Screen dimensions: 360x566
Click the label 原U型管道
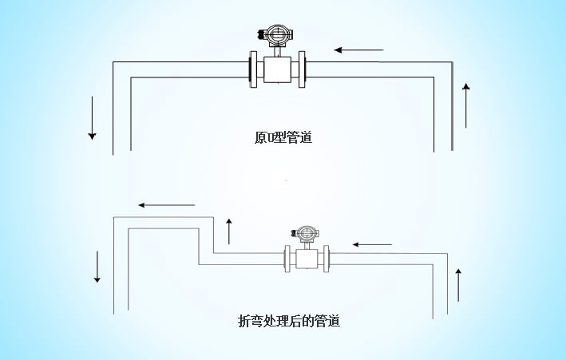(x=283, y=138)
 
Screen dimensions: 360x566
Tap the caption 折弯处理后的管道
(x=289, y=322)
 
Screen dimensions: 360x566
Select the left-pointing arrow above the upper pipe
(x=358, y=50)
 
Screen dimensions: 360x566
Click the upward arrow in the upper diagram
(x=467, y=104)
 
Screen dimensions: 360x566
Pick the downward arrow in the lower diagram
(x=98, y=267)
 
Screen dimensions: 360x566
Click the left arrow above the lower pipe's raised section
(x=166, y=205)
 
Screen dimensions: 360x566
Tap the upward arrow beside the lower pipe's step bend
(x=229, y=231)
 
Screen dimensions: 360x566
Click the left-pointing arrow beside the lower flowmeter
(x=372, y=243)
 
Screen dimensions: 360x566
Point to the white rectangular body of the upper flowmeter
(x=278, y=69)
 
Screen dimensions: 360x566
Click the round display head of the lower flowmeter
(x=306, y=233)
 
